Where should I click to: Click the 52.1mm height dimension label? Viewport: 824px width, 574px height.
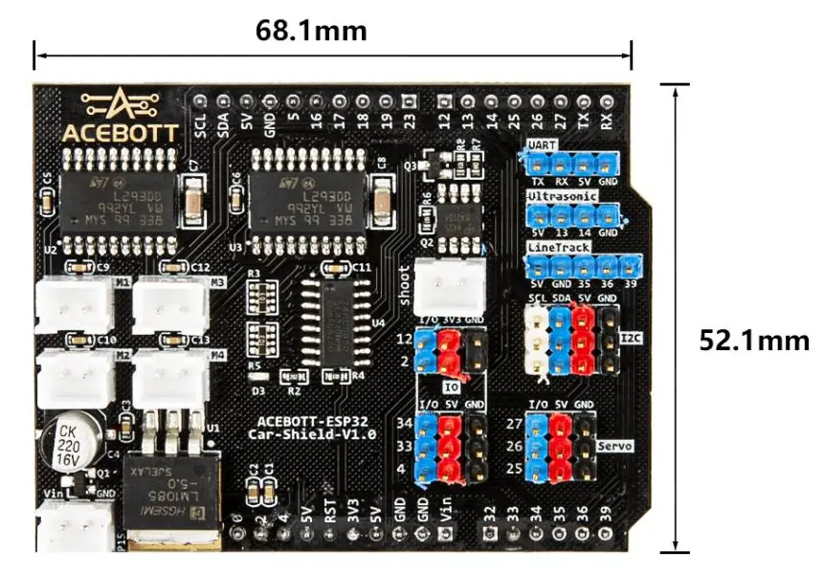click(x=754, y=341)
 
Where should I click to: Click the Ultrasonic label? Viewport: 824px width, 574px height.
click(x=564, y=195)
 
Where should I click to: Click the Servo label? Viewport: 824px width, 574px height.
click(x=612, y=447)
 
